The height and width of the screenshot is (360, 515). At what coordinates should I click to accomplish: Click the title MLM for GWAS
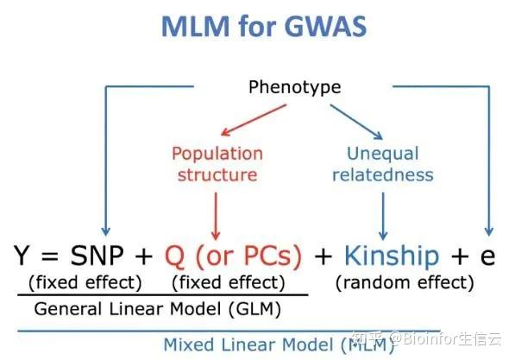263,26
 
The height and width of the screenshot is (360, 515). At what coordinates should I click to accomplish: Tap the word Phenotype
294,87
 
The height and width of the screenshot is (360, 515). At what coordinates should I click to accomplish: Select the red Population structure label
217,164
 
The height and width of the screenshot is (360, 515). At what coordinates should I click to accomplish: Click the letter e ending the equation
487,257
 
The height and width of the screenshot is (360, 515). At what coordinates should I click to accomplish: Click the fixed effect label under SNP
85,282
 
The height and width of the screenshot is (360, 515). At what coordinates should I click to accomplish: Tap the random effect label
405,282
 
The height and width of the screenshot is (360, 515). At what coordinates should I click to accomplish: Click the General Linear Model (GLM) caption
163,309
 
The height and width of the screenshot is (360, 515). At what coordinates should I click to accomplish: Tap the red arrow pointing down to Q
216,214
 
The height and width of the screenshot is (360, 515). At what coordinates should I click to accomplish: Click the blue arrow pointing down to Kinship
382,214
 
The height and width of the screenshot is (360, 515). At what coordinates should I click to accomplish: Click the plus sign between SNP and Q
144,257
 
